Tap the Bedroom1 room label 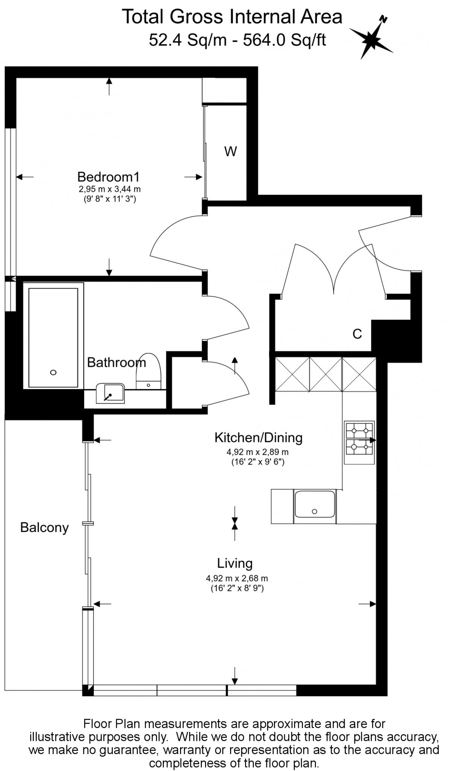[108, 177]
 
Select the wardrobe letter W [230, 152]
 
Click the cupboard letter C [357, 334]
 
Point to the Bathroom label [116, 363]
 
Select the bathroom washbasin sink [110, 393]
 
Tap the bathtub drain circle [53, 372]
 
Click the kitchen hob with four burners [359, 442]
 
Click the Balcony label [44, 528]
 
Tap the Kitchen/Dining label [258, 437]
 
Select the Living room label [235, 563]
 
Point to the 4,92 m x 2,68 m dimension [237, 578]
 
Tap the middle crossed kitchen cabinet [326, 374]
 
